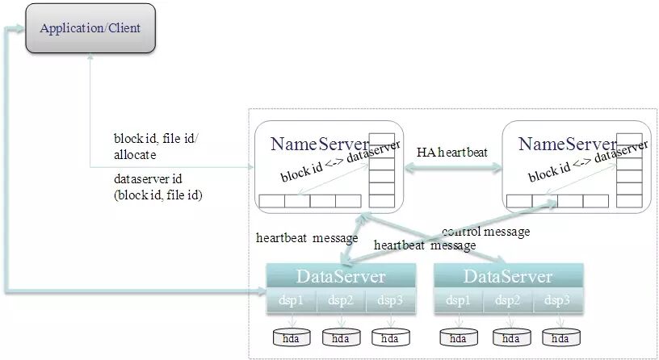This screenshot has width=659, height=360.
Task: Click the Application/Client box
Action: point(90,28)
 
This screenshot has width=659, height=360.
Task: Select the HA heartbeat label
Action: point(451,153)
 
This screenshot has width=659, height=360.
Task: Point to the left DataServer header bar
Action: point(341,276)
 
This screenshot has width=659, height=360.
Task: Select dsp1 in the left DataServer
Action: point(291,300)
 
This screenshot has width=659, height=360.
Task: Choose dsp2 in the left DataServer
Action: point(340,300)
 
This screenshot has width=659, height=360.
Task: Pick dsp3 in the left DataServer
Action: point(389,300)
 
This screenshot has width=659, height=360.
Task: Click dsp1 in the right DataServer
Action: point(458,300)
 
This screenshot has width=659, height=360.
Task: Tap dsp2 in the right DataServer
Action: point(507,300)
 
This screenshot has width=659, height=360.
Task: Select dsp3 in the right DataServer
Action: point(556,300)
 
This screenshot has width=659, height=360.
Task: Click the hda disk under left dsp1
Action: point(292,337)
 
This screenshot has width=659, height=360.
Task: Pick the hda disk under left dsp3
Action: point(390,337)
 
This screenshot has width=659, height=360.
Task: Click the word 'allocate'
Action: point(135,153)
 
